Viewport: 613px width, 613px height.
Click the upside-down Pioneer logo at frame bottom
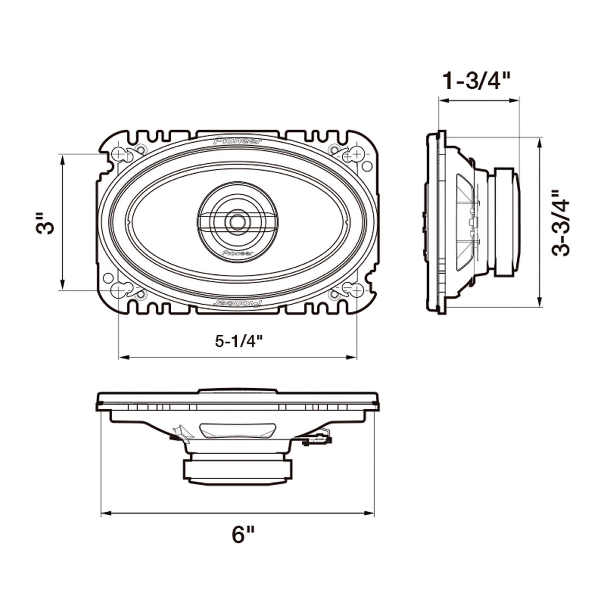click(238, 303)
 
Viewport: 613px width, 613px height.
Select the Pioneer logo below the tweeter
click(238, 253)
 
